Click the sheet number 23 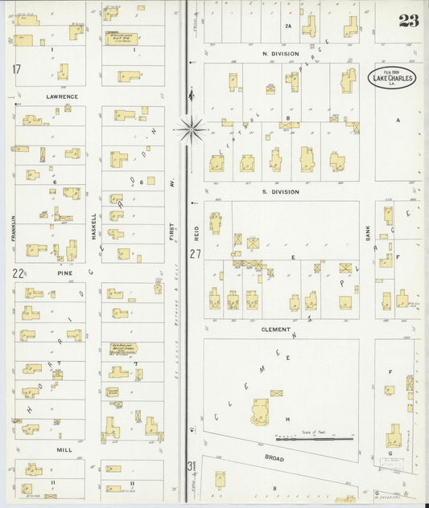[x=408, y=21]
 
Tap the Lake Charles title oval [x=393, y=78]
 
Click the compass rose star [x=192, y=126]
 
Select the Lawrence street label [x=61, y=96]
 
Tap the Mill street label [x=64, y=450]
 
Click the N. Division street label [x=280, y=54]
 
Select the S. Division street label [x=280, y=191]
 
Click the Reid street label [x=196, y=233]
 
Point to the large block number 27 [x=195, y=254]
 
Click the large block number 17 [x=16, y=69]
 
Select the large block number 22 [x=17, y=273]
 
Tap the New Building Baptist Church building [x=123, y=348]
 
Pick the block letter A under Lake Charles [x=397, y=119]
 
